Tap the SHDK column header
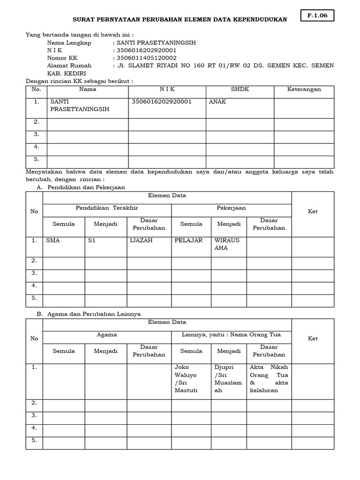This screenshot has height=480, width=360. click(x=240, y=89)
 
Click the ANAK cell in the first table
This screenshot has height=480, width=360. click(x=217, y=102)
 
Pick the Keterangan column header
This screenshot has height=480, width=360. click(x=304, y=89)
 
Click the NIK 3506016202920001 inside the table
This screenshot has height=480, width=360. click(x=162, y=102)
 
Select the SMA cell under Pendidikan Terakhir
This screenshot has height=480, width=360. click(x=53, y=240)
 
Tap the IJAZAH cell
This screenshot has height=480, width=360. click(x=142, y=240)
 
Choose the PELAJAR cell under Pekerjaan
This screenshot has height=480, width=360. click(x=188, y=240)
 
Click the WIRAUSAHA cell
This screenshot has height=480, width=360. click(x=227, y=244)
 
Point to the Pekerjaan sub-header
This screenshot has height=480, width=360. click(x=231, y=208)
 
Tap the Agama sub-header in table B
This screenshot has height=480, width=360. click(x=107, y=335)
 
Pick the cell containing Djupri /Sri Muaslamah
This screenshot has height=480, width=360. click(x=228, y=379)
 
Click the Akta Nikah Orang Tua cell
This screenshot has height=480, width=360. click(x=269, y=379)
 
